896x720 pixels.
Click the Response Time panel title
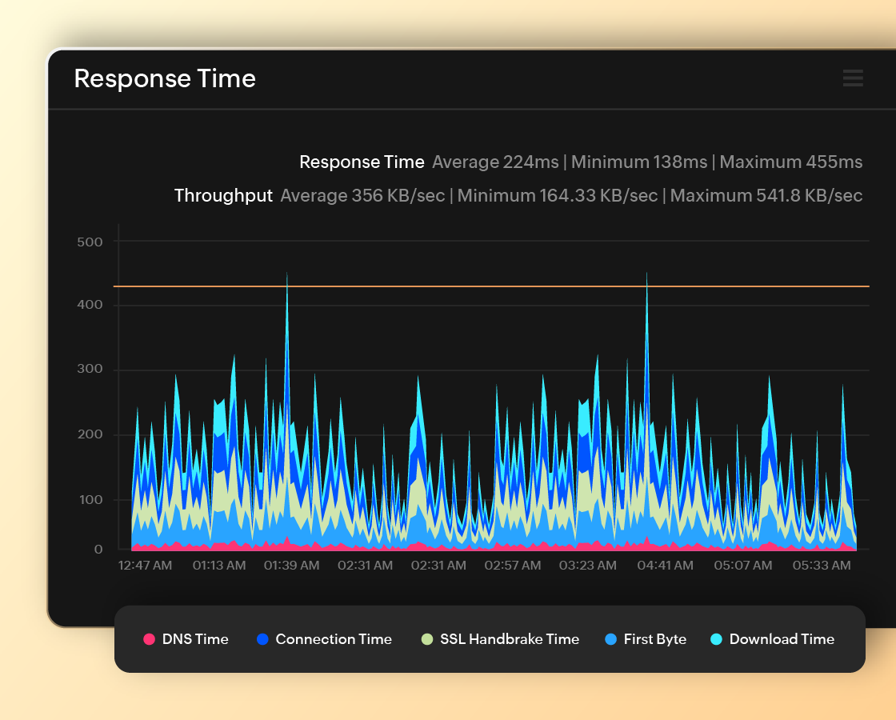tap(165, 78)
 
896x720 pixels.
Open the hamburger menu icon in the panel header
tap(853, 78)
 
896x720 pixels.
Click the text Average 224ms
tap(495, 162)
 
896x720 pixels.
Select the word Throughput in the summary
tap(223, 196)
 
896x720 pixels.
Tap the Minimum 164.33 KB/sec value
tap(558, 196)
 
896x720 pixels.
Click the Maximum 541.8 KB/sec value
tap(766, 196)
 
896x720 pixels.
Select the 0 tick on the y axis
tap(99, 550)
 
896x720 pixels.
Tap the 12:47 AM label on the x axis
tap(145, 566)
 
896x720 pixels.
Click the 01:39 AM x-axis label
tap(292, 566)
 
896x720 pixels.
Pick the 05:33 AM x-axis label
tap(822, 566)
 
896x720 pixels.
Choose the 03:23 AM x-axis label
tap(587, 566)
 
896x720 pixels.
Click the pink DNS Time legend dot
tap(149, 639)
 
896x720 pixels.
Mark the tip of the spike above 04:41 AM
tap(646, 273)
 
